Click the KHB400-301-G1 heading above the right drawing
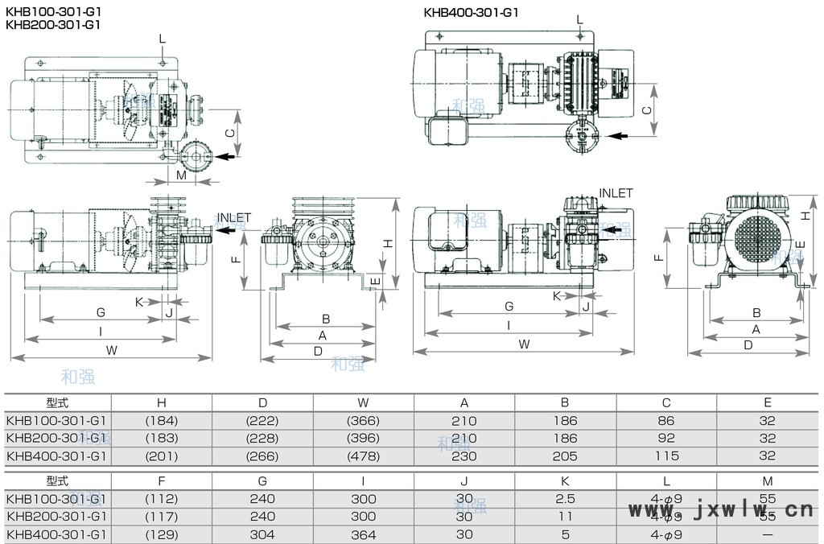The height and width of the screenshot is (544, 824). (x=471, y=12)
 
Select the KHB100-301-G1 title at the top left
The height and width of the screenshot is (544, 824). (x=52, y=12)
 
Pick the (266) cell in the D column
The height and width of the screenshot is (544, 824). (x=262, y=456)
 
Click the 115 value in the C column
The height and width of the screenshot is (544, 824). (x=666, y=456)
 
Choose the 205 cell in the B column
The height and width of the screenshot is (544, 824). (x=566, y=456)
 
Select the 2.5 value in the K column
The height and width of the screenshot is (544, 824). (x=566, y=499)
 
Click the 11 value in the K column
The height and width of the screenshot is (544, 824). (x=566, y=517)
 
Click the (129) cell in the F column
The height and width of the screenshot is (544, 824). (x=161, y=534)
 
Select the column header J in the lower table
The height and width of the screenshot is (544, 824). (x=464, y=481)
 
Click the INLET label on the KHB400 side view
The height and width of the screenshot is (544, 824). (x=616, y=193)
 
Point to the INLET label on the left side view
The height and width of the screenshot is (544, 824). (x=234, y=217)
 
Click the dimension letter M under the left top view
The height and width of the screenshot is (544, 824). (x=181, y=175)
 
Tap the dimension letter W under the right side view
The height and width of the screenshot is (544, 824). (x=525, y=344)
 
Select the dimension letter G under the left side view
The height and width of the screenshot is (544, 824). (x=101, y=311)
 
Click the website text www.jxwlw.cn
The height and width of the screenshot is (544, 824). (x=720, y=509)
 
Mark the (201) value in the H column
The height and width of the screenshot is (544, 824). (x=161, y=456)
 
